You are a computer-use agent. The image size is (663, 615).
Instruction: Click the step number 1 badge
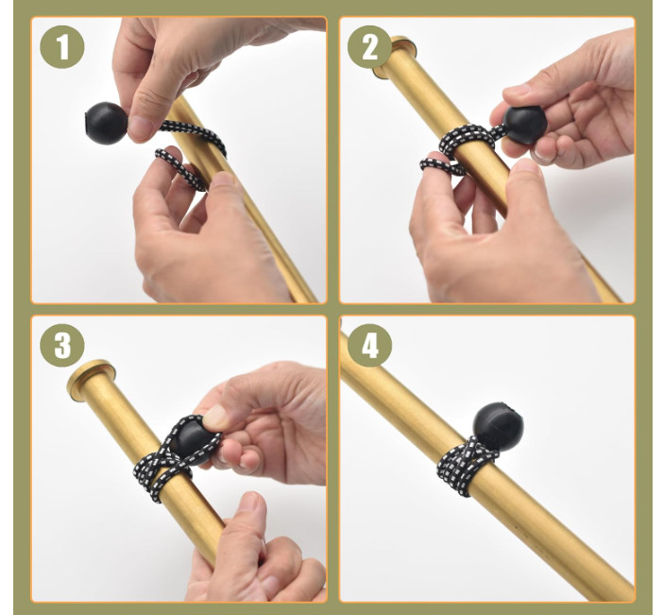62,46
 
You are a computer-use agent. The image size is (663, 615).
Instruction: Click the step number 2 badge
369,47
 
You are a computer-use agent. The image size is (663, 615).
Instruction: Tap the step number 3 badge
62,345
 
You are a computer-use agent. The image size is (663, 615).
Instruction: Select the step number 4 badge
369,346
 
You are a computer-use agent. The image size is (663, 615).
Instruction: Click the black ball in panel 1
106,123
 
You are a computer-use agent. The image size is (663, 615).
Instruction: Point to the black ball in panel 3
193,443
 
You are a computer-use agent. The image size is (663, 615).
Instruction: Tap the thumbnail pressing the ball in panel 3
214,416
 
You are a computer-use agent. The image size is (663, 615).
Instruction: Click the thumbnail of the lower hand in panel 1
223,179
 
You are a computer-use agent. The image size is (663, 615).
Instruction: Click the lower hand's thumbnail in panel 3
250,503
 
